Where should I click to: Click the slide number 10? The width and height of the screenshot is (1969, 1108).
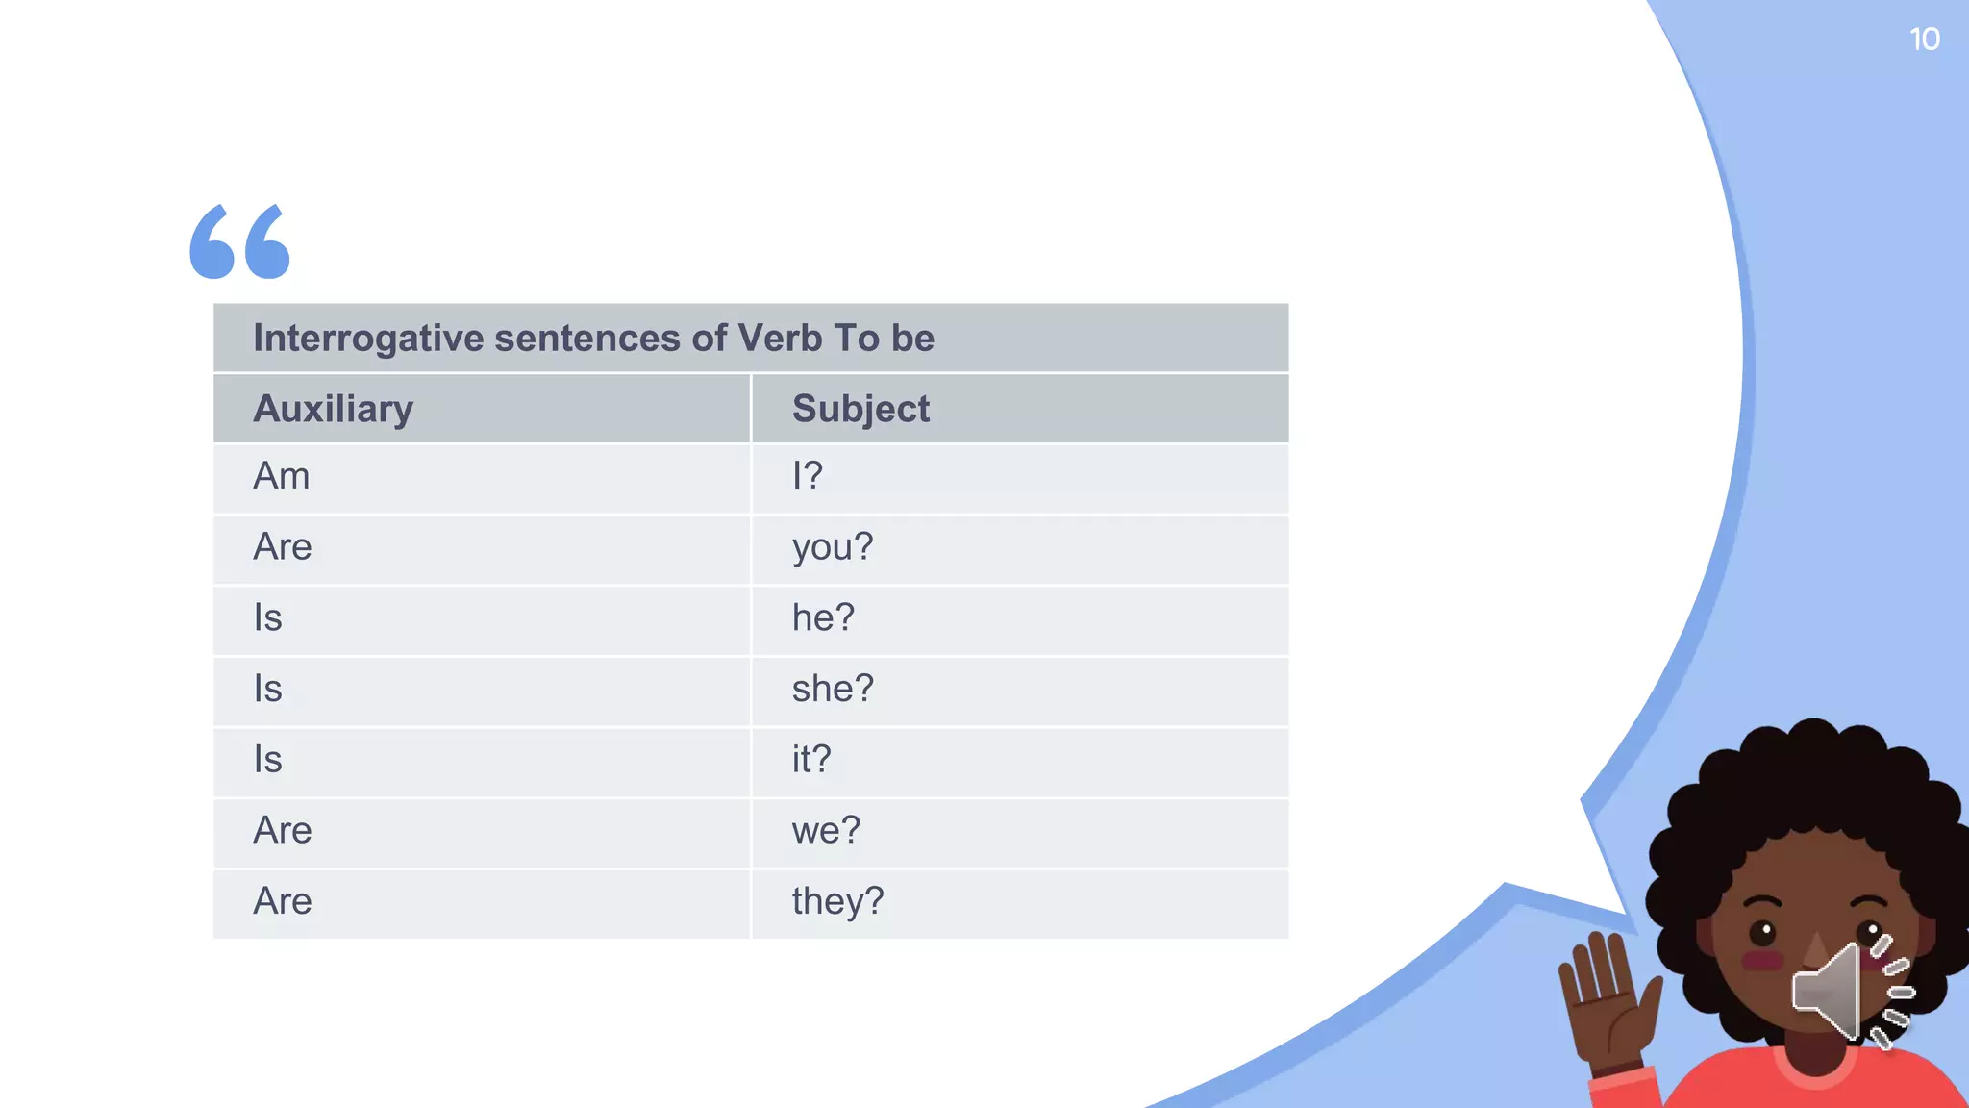click(x=1924, y=39)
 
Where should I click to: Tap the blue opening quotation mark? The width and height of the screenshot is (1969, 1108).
click(x=239, y=241)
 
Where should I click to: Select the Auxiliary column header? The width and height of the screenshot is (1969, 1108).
click(x=333, y=409)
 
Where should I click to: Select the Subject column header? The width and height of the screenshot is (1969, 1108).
click(x=860, y=409)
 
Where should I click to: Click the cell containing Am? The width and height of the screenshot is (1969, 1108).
click(x=282, y=476)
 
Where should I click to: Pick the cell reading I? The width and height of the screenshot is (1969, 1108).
click(x=808, y=476)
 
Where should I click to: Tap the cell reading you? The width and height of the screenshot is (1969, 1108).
click(x=833, y=547)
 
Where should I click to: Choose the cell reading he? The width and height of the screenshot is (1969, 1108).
click(x=823, y=617)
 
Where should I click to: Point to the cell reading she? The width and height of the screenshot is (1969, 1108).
click(x=833, y=689)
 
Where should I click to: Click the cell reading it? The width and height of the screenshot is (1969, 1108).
click(x=811, y=760)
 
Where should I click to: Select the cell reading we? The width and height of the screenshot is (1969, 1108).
click(x=826, y=830)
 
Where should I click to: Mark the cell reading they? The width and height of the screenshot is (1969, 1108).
click(x=837, y=901)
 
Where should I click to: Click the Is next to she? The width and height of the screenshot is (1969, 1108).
click(x=268, y=689)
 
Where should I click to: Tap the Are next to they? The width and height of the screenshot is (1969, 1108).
click(x=283, y=901)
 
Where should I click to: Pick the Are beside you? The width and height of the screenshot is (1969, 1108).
click(x=283, y=547)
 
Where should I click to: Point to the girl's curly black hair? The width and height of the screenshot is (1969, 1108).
click(x=1807, y=779)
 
